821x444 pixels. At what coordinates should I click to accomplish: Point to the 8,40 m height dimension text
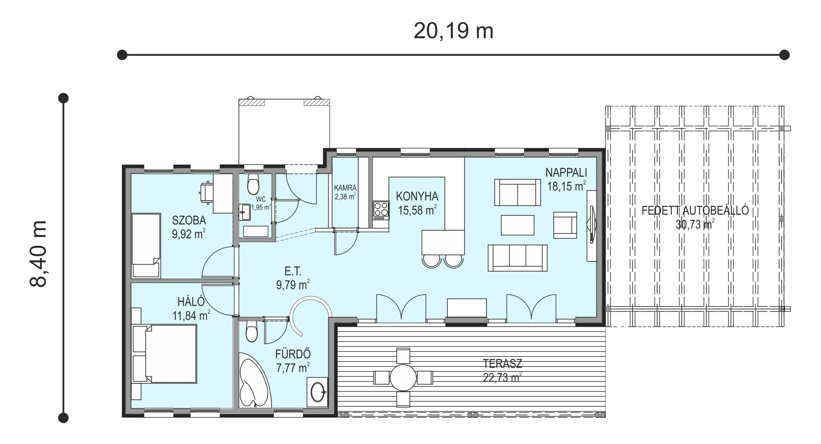tap(38, 254)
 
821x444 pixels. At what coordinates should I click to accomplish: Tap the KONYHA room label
tap(417, 196)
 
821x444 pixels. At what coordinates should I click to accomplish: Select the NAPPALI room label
tap(566, 173)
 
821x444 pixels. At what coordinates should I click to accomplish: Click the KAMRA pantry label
tap(345, 188)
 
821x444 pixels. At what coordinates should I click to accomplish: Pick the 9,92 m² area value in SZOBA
tap(189, 234)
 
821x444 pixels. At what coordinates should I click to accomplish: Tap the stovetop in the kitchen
tap(381, 210)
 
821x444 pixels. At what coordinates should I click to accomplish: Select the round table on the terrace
tap(403, 378)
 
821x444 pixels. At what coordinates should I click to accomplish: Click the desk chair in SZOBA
tap(207, 193)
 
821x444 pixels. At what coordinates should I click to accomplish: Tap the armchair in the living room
tap(565, 225)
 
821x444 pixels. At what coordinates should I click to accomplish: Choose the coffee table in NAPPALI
tap(517, 225)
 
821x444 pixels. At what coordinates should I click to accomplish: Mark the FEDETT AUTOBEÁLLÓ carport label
tap(695, 210)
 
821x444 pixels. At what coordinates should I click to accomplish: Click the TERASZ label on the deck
tap(503, 363)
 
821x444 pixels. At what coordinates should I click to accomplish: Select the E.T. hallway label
tap(293, 271)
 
